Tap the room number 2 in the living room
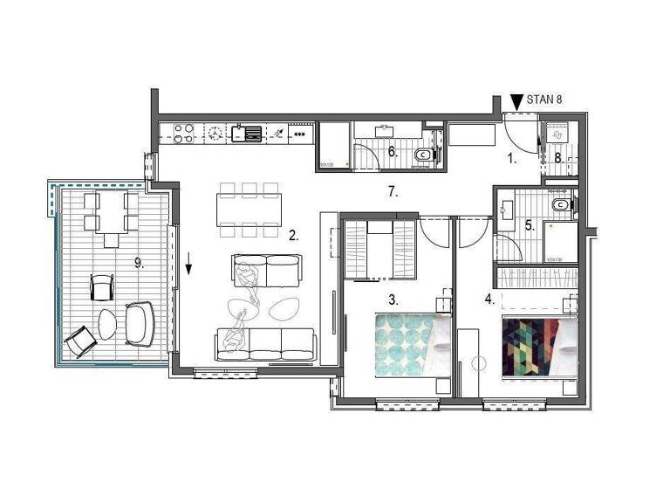click(294, 235)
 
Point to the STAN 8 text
click(544, 100)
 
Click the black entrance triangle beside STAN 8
click(516, 101)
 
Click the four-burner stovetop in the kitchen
click(183, 134)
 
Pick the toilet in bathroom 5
click(563, 207)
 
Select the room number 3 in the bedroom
click(393, 299)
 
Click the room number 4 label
click(489, 299)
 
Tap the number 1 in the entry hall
click(513, 159)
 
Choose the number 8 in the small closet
click(558, 158)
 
